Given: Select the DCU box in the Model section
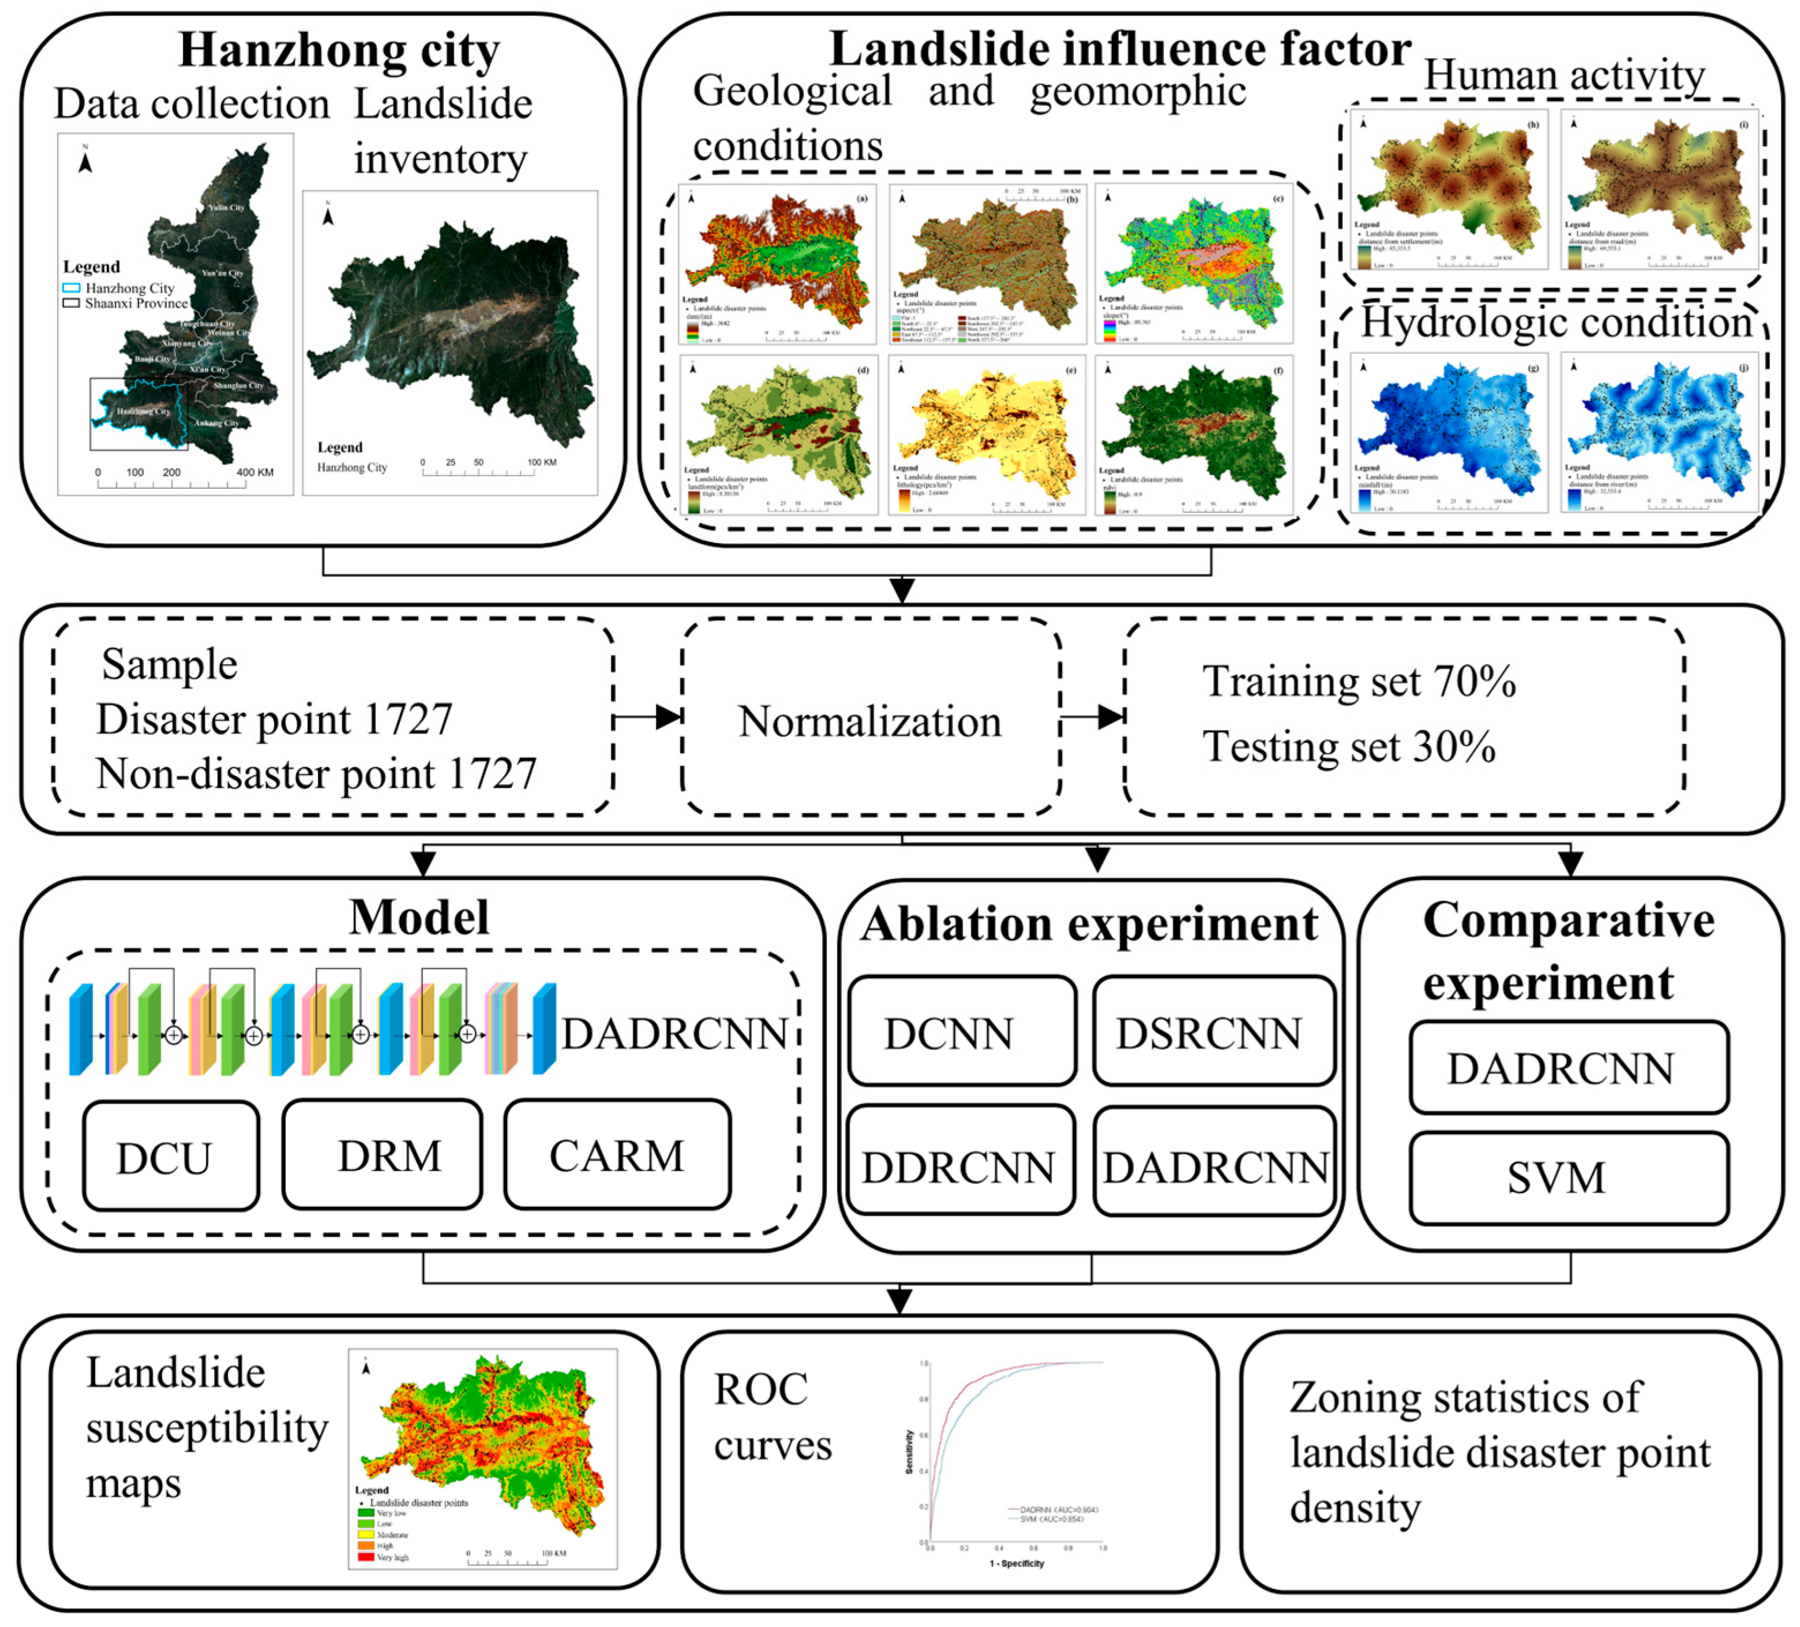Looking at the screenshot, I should pyautogui.click(x=171, y=1157).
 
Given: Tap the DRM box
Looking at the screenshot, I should pyautogui.click(x=382, y=1155).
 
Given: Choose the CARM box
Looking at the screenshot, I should pyautogui.click(x=617, y=1155).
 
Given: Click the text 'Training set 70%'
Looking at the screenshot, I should pyautogui.click(x=1358, y=682).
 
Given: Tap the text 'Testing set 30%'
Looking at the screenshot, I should pyautogui.click(x=1348, y=746).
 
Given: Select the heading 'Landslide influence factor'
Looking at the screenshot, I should pyautogui.click(x=1120, y=48).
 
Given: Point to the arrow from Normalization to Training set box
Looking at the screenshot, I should pyautogui.click(x=1091, y=716).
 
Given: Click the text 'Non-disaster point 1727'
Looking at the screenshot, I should pyautogui.click(x=316, y=773).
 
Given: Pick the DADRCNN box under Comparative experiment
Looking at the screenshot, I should pyautogui.click(x=1568, y=1068).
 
